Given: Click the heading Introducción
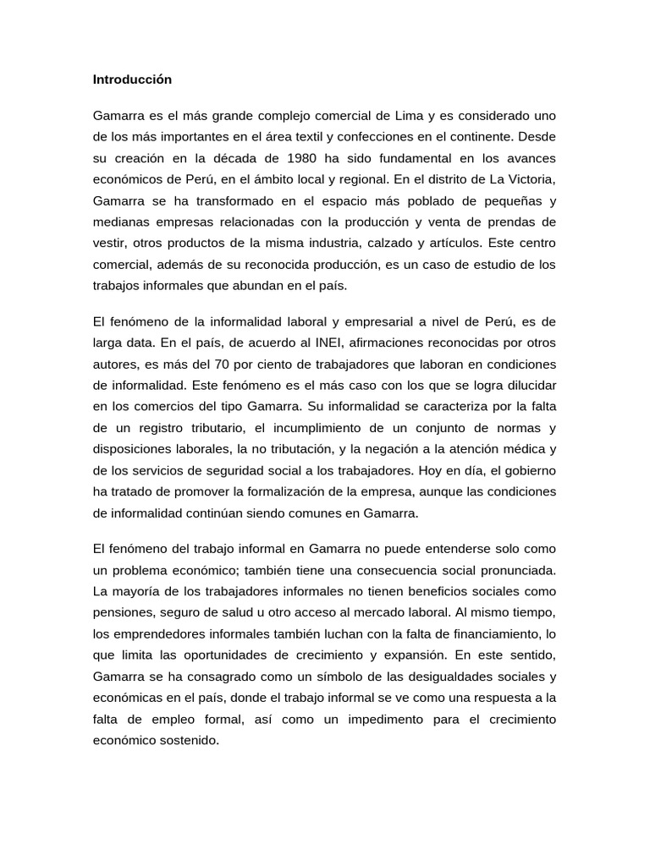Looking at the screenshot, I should click(x=132, y=79).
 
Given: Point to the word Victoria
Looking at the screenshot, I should click(x=532, y=179).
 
